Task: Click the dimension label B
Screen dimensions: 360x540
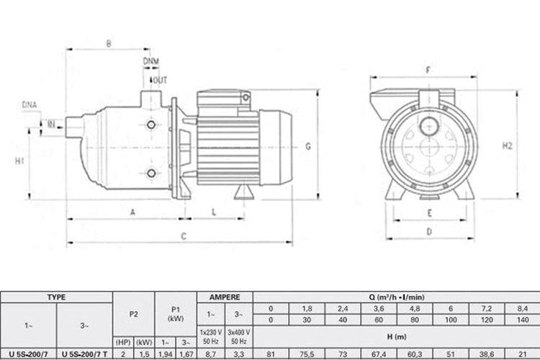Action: [109, 44]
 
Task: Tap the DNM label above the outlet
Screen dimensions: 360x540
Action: [152, 60]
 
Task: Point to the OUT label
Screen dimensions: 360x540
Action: [160, 80]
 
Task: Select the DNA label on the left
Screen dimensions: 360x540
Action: [29, 105]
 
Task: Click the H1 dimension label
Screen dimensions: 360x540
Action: [19, 160]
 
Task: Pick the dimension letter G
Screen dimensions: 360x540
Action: [307, 147]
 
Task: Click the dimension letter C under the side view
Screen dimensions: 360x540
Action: [184, 236]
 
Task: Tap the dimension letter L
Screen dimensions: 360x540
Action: [215, 211]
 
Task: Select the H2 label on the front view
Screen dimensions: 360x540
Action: [507, 145]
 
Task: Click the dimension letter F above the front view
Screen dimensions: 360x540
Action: [428, 71]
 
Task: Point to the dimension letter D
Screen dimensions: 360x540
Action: [428, 231]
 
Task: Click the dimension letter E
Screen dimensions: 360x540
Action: [428, 213]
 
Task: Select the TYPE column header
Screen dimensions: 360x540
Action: [56, 296]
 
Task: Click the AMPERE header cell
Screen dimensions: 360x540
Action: [230, 296]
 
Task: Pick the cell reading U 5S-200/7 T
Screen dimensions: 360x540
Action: [84, 354]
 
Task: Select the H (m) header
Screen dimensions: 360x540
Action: [397, 336]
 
